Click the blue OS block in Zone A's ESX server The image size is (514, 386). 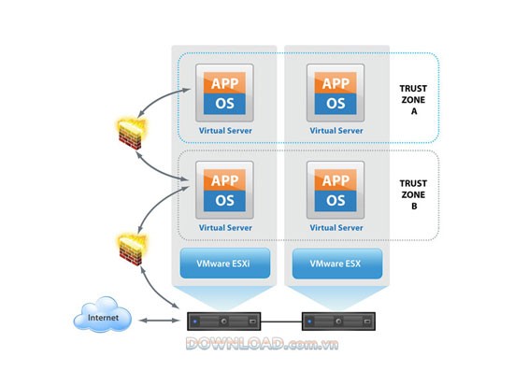pyautogui.click(x=336, y=101)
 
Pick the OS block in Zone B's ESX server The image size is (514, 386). pyautogui.click(x=336, y=200)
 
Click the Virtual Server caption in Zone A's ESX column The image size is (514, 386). pyautogui.click(x=336, y=130)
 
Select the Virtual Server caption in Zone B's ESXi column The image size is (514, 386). pyautogui.click(x=224, y=228)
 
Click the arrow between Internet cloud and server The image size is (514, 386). pyautogui.click(x=158, y=321)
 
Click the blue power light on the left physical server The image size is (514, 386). pyautogui.click(x=195, y=322)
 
